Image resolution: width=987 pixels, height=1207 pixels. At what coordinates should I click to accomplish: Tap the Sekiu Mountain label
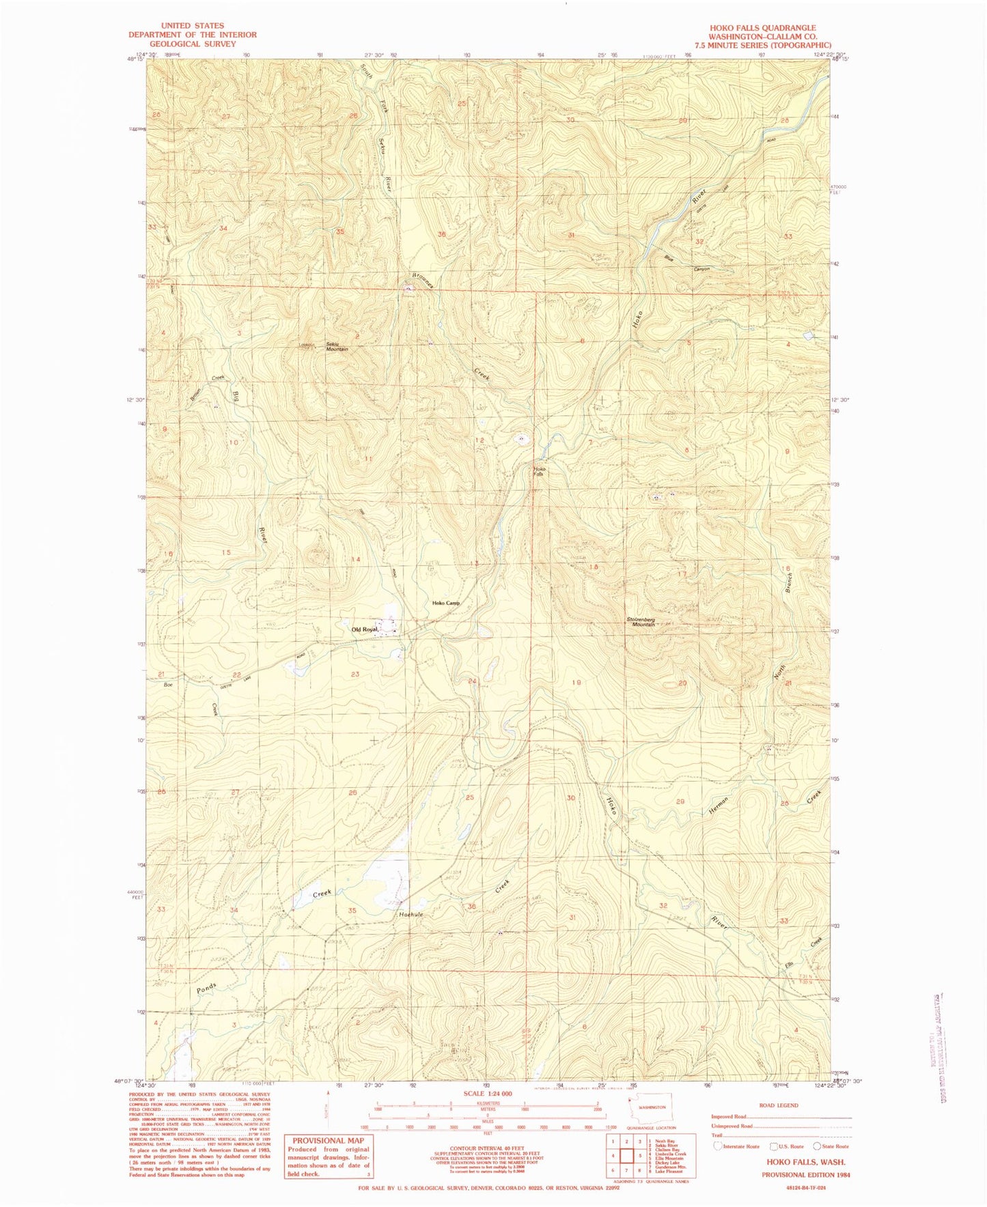(x=337, y=347)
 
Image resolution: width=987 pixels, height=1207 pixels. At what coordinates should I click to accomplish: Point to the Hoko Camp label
(x=446, y=603)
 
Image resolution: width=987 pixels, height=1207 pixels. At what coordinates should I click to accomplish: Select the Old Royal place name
(x=364, y=629)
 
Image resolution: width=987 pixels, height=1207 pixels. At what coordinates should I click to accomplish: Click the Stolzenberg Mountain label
(x=641, y=622)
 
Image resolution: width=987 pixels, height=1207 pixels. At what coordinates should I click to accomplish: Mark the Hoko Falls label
(x=540, y=471)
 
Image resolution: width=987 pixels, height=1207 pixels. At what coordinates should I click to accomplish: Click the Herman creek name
(x=720, y=805)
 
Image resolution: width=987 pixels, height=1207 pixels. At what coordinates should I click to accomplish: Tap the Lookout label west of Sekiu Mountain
(x=307, y=345)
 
